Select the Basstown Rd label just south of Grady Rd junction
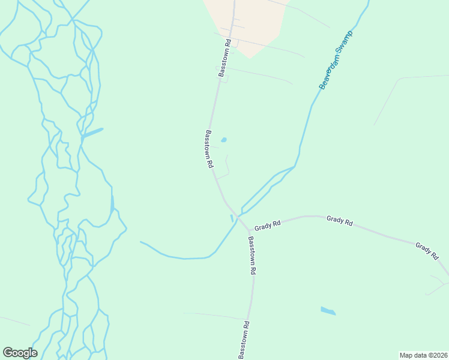[252, 255]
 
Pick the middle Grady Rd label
[340, 220]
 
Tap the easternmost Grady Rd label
[427, 251]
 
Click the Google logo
[20, 353]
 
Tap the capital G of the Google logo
[8, 353]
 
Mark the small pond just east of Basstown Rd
[224, 140]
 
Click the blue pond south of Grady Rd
[328, 311]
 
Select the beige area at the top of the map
[246, 24]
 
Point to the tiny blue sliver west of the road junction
[232, 218]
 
